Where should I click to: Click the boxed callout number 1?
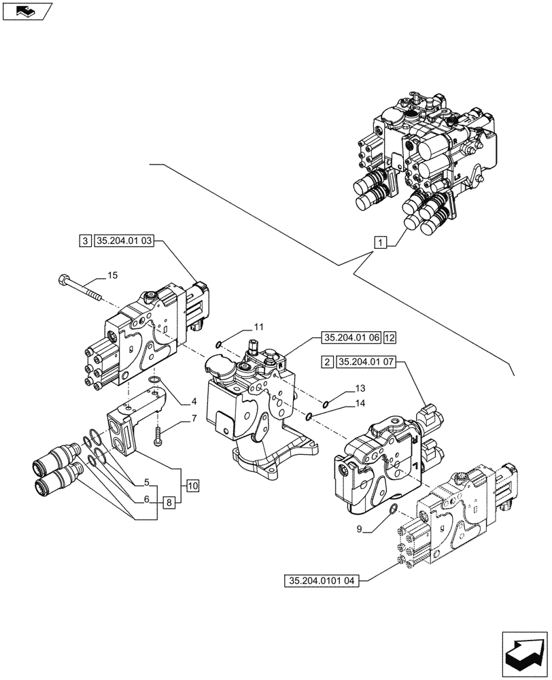click(x=380, y=241)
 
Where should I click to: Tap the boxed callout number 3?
click(x=85, y=240)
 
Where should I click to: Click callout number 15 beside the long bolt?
click(x=112, y=275)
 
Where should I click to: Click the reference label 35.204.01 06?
click(x=351, y=337)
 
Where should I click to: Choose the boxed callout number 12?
click(x=389, y=337)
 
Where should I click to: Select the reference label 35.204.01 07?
click(x=368, y=362)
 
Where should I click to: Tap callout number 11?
click(x=258, y=327)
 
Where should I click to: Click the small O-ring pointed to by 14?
click(x=309, y=417)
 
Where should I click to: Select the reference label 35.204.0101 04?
click(x=323, y=581)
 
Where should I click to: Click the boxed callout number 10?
click(x=192, y=486)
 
